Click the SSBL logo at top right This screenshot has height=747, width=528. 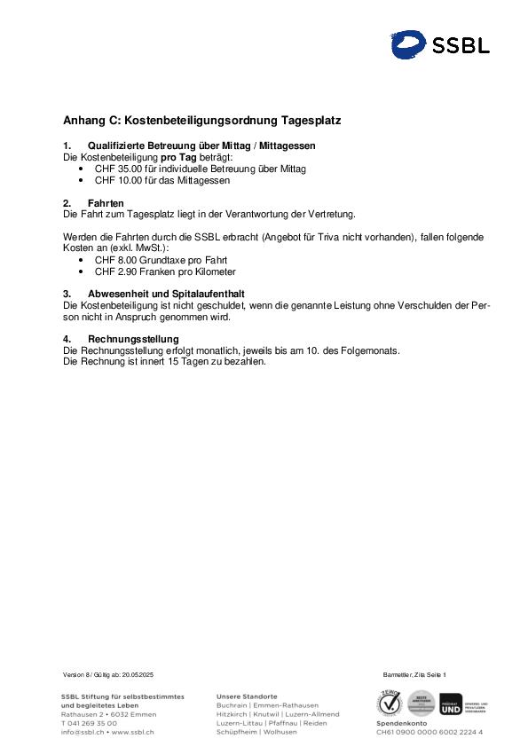(x=440, y=44)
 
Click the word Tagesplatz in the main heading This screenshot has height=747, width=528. (x=311, y=120)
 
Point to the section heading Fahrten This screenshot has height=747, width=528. (x=106, y=203)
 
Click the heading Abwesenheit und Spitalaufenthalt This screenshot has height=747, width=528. (x=166, y=294)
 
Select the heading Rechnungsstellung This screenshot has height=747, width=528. (x=133, y=339)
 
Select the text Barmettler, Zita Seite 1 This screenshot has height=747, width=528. (x=414, y=676)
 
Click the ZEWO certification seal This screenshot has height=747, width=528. (x=390, y=703)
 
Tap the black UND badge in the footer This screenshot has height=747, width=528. (x=451, y=704)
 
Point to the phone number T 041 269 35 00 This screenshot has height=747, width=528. (x=89, y=723)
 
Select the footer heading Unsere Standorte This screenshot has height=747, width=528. (x=247, y=696)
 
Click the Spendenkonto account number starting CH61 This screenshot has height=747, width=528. (x=429, y=733)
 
